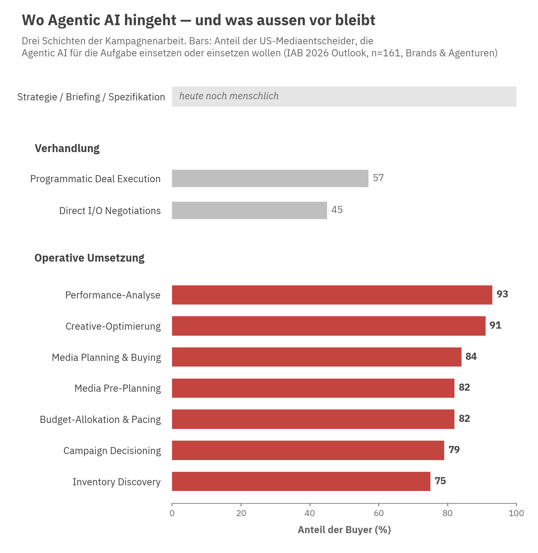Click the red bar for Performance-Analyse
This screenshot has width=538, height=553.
coord(332,295)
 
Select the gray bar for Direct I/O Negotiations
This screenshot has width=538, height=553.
coord(250,210)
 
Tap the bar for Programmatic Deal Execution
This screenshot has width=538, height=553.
coord(270,178)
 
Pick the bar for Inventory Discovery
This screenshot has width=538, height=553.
coord(301,481)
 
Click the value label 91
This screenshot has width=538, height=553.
coord(495,325)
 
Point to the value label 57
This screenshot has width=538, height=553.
coord(378,178)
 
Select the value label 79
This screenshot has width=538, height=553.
coord(454,450)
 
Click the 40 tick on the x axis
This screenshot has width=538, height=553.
coord(310,513)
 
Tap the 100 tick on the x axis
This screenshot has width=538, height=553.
coord(516,513)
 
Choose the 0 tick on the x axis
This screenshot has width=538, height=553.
coord(172,513)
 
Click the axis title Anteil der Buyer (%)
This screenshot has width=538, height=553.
coord(344,530)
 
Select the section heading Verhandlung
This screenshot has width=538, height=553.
coord(67,148)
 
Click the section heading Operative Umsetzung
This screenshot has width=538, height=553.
coord(90,258)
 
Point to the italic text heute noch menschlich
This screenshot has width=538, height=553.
coord(229,96)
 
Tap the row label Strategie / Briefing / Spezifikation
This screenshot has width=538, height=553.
coord(91,97)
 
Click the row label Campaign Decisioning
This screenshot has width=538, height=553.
coord(112,451)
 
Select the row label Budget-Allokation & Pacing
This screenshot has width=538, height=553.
coord(100,419)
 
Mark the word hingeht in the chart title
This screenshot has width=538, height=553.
coord(150,20)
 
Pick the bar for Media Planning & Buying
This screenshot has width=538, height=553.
coord(316,357)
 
